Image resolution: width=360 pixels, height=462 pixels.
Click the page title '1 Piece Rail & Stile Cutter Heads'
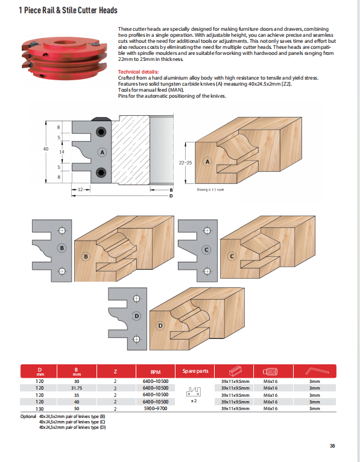(68, 10)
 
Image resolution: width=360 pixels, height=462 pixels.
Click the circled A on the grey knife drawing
(102, 153)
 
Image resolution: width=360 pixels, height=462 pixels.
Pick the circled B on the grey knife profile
(61, 248)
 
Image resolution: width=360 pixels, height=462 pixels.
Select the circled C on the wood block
(231, 256)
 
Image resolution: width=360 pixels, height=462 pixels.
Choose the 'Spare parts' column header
(194, 371)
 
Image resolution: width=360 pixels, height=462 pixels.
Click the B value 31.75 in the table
(77, 388)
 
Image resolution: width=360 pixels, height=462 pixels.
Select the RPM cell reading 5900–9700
(155, 408)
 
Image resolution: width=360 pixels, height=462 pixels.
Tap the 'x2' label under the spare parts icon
(194, 400)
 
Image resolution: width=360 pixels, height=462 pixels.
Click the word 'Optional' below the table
(28, 416)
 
